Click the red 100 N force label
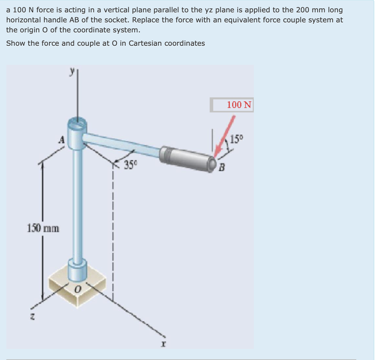pyautogui.click(x=238, y=105)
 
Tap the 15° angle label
pyautogui.click(x=239, y=139)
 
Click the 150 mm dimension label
pyautogui.click(x=43, y=228)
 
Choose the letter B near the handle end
pyautogui.click(x=221, y=167)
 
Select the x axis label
pyautogui.click(x=163, y=343)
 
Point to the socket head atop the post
pyautogui.click(x=77, y=128)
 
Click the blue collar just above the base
pyautogui.click(x=77, y=270)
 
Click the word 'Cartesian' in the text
pyautogui.click(x=145, y=43)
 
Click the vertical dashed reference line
pyautogui.click(x=113, y=234)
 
